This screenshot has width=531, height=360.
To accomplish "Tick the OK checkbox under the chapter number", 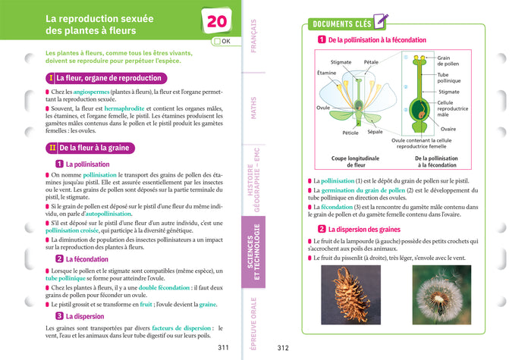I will click(x=218, y=42).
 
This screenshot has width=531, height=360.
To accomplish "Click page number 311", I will click(x=223, y=348).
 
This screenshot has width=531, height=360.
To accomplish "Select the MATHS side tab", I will click(x=253, y=107).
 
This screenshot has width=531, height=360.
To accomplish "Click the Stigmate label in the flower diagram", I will click(x=341, y=61).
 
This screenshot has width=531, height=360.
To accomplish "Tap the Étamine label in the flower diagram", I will click(x=326, y=74).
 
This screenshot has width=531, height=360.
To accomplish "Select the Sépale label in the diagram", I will click(x=375, y=132).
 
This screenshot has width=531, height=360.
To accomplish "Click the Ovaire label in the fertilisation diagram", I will click(x=448, y=129).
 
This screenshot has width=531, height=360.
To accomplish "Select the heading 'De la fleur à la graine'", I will click(x=99, y=149).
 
